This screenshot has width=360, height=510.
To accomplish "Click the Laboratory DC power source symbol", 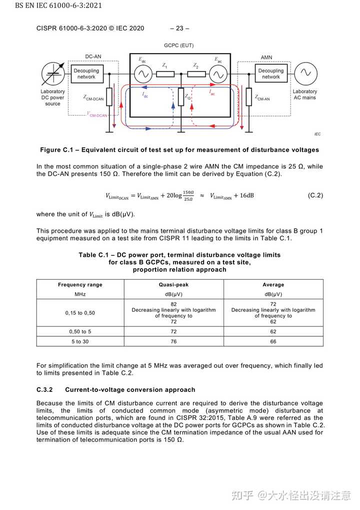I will click(x=52, y=74).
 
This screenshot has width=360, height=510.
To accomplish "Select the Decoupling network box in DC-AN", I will click(x=86, y=74).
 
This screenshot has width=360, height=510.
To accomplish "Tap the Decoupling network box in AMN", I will click(x=270, y=74).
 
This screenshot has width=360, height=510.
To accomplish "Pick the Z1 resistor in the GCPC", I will click(x=165, y=74).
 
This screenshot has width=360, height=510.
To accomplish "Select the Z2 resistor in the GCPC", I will click(x=196, y=74).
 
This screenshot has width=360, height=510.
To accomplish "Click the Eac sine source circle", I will click(x=217, y=74).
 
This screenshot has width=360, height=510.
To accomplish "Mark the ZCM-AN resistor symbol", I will click(x=248, y=97).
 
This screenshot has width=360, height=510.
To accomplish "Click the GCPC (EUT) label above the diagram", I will click(x=178, y=46).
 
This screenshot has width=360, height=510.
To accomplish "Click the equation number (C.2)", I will click(x=315, y=195).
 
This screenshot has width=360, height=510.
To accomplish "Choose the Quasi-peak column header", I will click(x=173, y=285).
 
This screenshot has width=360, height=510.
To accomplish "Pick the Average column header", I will click(x=273, y=285).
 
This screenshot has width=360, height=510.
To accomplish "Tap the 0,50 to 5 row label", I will click(x=80, y=331).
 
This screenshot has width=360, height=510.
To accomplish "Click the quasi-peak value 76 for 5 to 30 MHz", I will click(x=173, y=341).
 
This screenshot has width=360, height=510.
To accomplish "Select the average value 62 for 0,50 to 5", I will click(x=273, y=331).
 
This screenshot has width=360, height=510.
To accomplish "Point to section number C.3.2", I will click(x=44, y=389).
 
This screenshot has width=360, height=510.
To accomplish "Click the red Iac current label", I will click(x=211, y=93).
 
